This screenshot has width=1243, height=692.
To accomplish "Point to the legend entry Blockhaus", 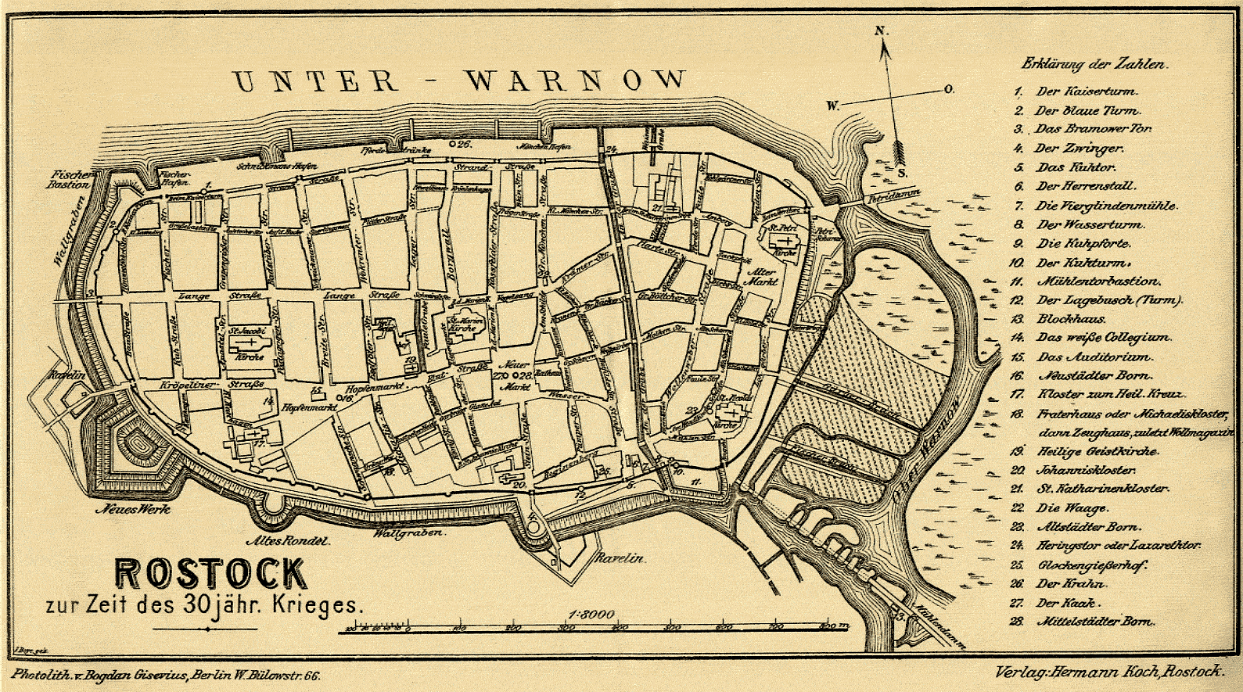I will pos(1071,319).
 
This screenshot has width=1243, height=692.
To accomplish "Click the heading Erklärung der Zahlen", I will pos(1095,65).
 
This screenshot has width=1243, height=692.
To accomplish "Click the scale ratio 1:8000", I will pos(595,614).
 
